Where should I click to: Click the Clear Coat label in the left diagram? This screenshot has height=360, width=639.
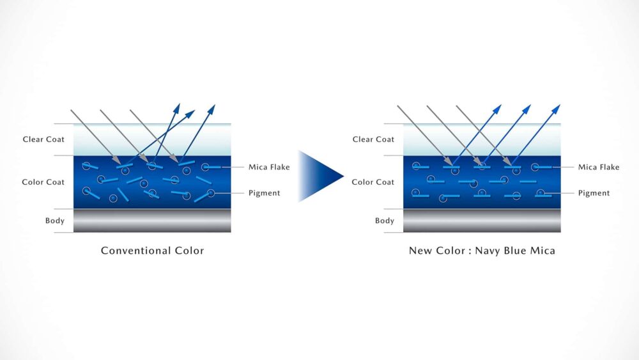(x=43, y=139)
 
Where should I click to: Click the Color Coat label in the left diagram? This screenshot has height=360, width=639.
(x=43, y=182)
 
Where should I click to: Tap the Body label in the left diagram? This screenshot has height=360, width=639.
(x=54, y=221)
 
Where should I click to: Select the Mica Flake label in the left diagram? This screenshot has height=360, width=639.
(x=269, y=168)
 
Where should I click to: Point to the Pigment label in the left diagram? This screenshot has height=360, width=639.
(x=264, y=193)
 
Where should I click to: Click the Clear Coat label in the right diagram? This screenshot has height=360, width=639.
(x=373, y=139)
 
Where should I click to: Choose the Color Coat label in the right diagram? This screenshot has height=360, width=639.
(x=373, y=182)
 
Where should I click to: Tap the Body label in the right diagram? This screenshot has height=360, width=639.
(x=385, y=221)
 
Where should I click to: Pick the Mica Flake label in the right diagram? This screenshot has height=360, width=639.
(x=599, y=168)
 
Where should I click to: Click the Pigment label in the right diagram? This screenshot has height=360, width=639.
(x=594, y=193)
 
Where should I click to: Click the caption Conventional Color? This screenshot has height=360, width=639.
(x=152, y=251)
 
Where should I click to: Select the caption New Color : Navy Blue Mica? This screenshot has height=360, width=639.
(x=482, y=251)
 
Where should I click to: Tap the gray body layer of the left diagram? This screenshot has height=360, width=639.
(x=152, y=221)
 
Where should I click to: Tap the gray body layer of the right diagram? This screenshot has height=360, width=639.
(x=482, y=221)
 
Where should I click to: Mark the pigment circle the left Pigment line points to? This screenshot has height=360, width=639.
(x=211, y=193)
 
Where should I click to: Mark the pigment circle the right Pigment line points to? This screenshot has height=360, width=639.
(x=541, y=193)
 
